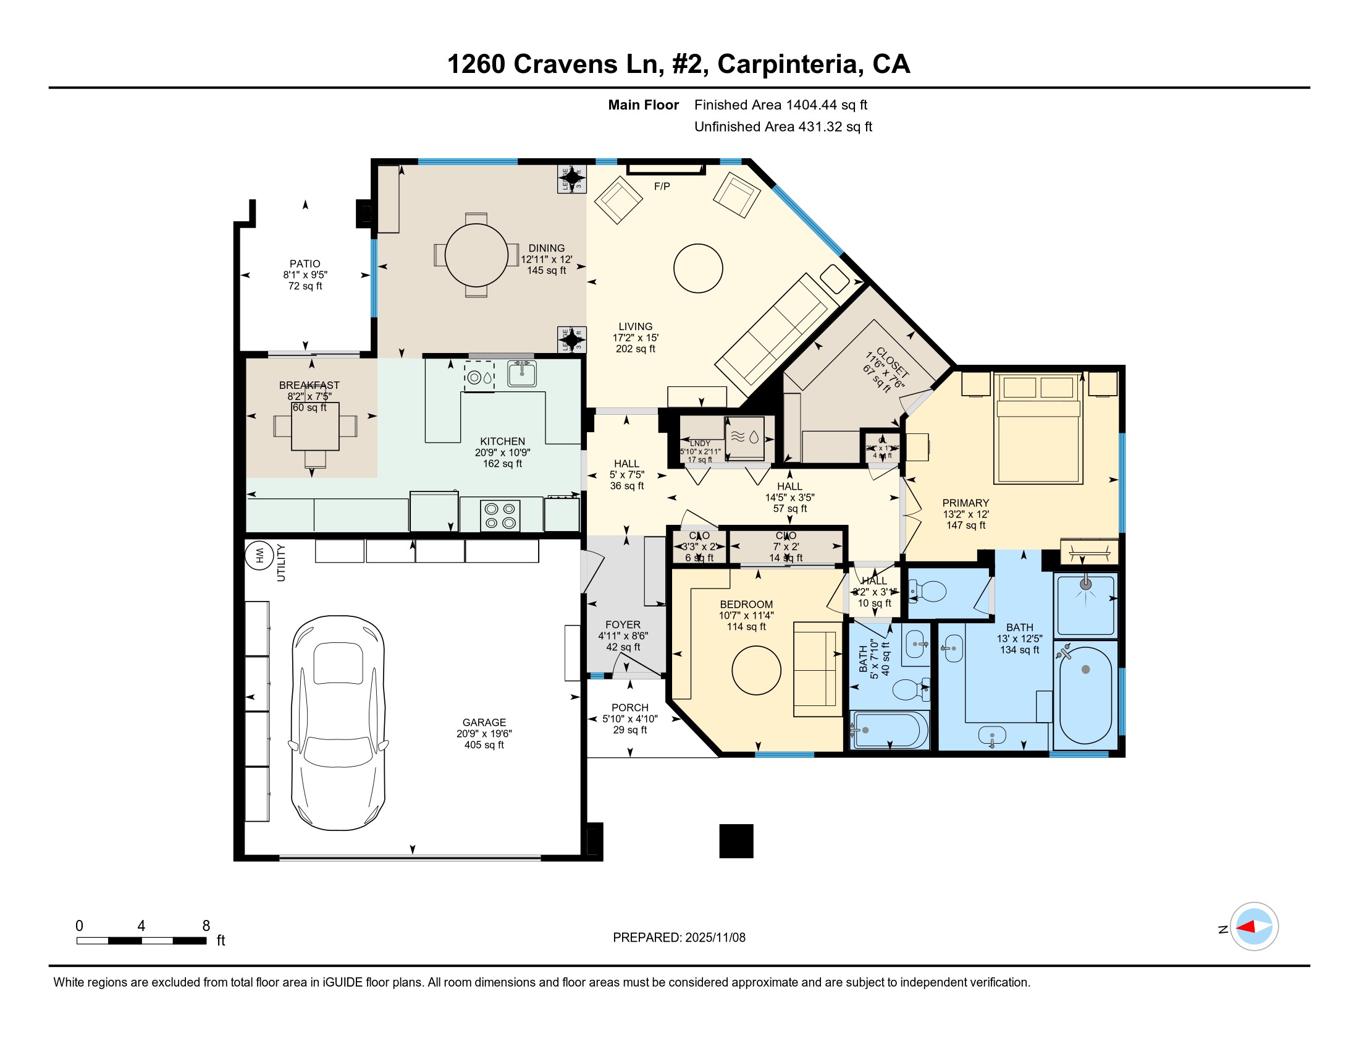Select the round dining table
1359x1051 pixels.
tap(476, 255)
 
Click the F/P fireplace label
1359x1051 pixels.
tap(662, 186)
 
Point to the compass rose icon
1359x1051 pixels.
tap(1254, 927)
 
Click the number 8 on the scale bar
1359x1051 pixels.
tap(206, 926)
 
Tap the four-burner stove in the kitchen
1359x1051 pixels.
tap(500, 516)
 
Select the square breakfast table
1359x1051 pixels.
tap(316, 427)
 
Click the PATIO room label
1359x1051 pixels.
tap(305, 264)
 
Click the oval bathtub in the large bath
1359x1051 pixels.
tap(1085, 694)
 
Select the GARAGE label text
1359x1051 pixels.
tap(484, 722)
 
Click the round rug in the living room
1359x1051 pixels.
tap(697, 268)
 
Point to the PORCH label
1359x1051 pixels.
tap(629, 707)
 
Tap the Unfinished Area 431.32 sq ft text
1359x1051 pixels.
tap(783, 127)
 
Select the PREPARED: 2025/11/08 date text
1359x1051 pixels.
tap(679, 938)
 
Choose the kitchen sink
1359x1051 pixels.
tap(521, 374)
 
